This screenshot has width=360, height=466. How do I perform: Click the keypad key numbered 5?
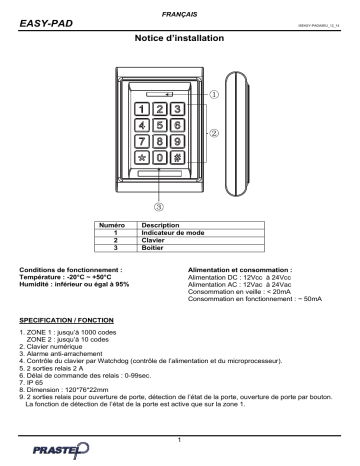[x=161, y=125]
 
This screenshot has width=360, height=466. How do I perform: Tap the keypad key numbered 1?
[x=145, y=107]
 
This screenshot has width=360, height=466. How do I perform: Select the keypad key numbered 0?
[x=161, y=159]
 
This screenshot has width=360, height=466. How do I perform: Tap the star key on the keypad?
[x=145, y=159]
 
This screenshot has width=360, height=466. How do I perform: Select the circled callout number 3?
[x=160, y=207]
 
